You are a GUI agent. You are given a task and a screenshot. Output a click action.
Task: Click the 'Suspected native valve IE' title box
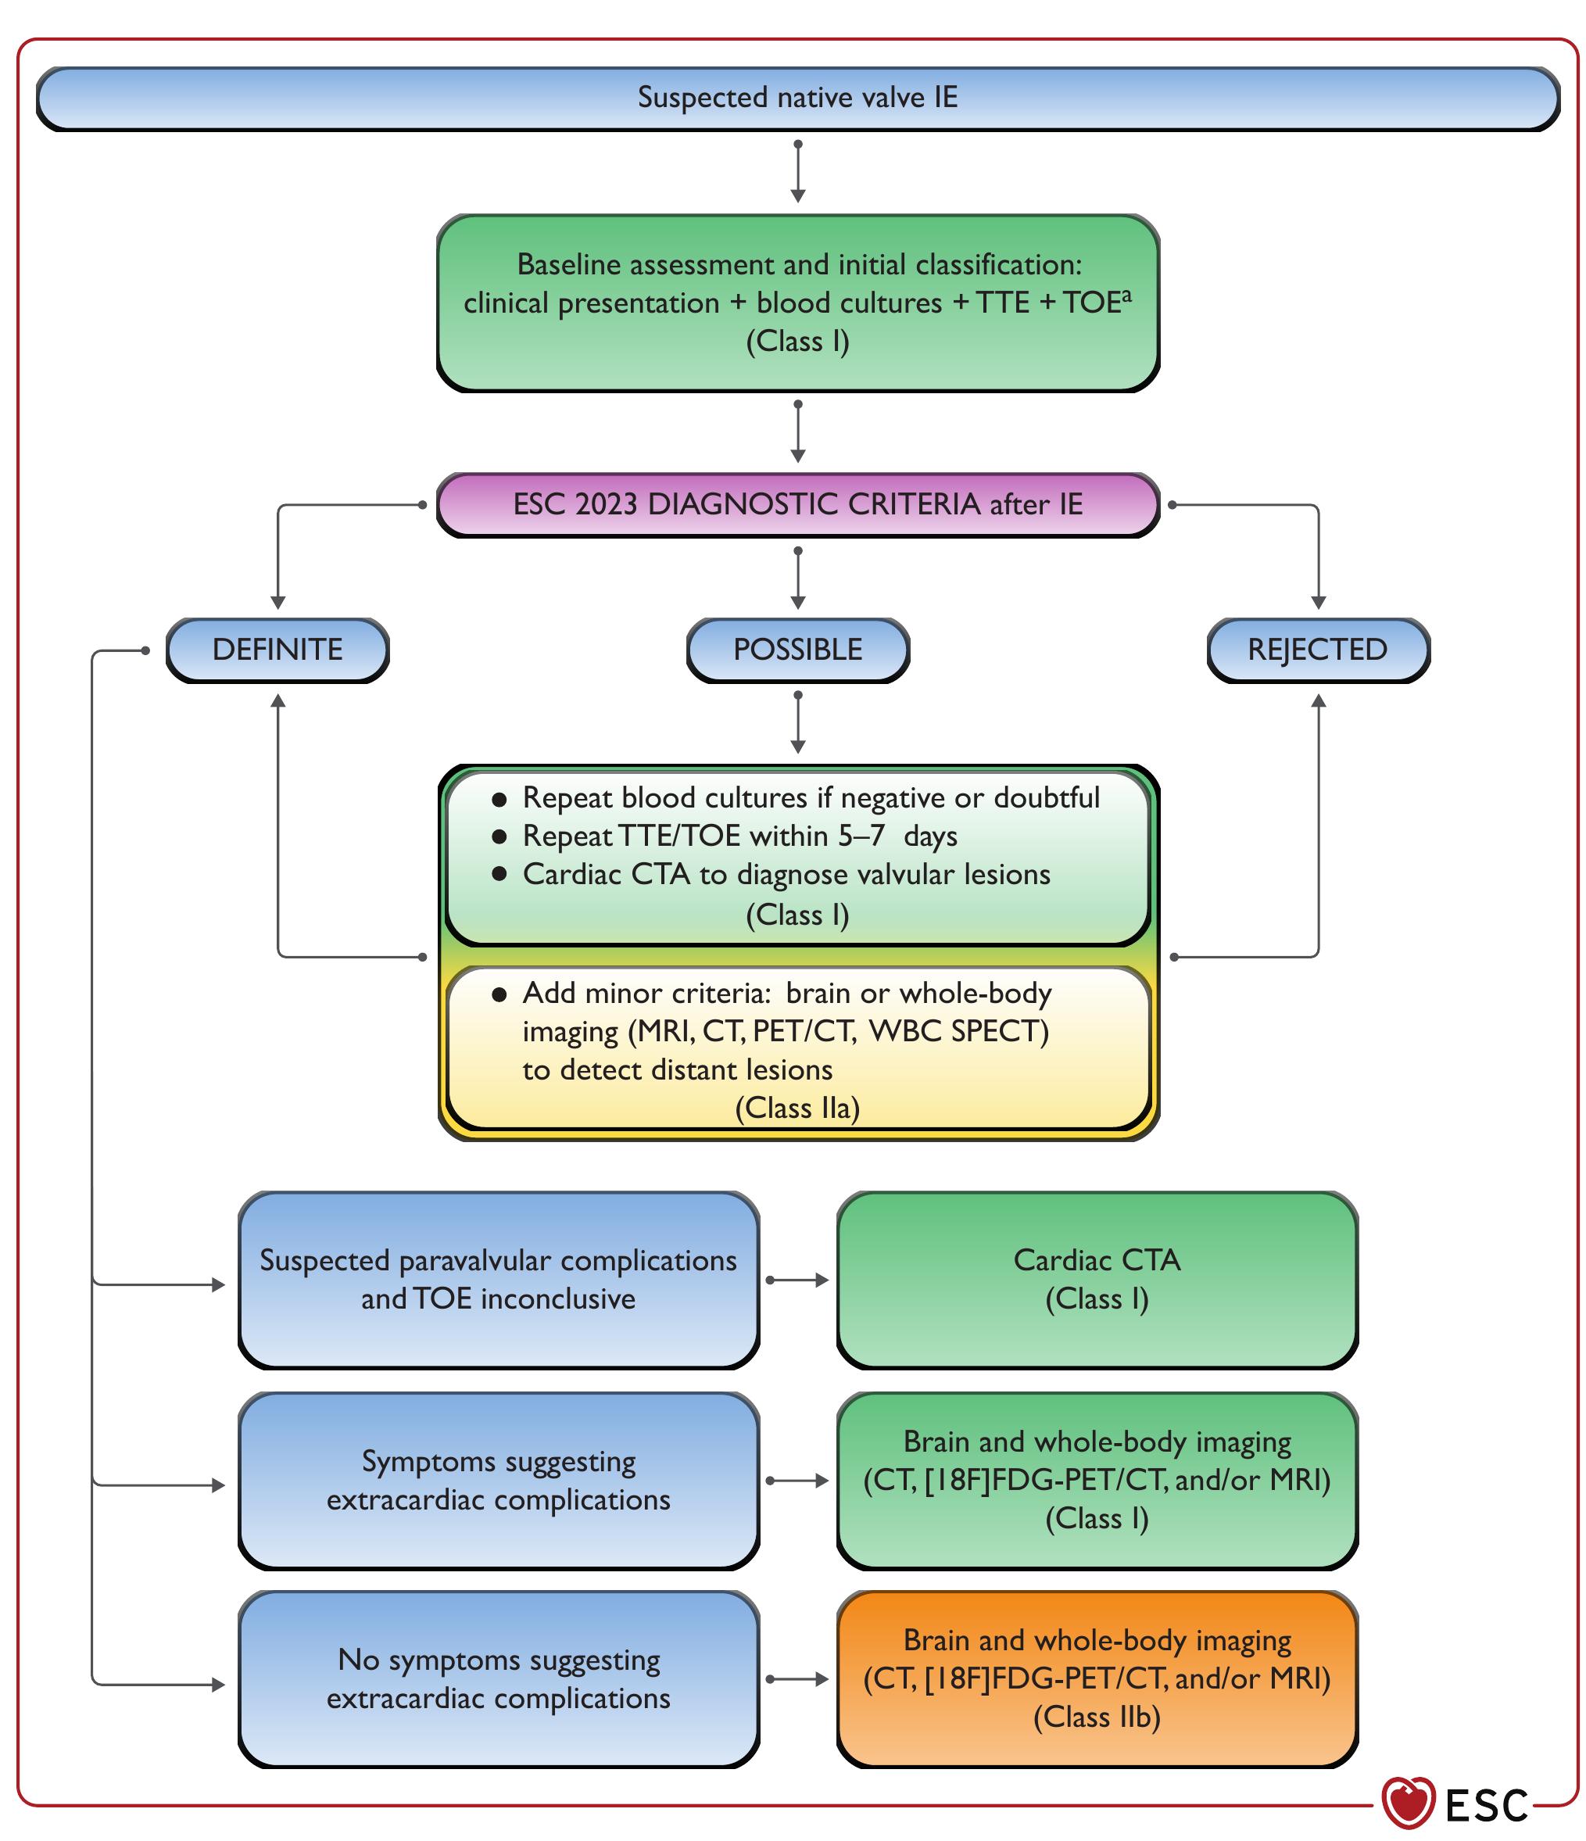click(x=797, y=98)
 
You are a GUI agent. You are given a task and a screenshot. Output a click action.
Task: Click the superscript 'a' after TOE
click(x=1126, y=294)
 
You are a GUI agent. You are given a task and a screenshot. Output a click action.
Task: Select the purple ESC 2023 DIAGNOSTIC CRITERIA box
click(x=797, y=505)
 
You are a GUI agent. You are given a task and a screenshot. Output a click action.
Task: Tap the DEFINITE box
click(x=277, y=650)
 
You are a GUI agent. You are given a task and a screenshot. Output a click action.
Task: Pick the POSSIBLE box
click(x=797, y=650)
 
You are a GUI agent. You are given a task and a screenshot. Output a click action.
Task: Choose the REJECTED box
click(x=1317, y=650)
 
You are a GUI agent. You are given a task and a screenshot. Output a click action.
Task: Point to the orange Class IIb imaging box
click(x=1097, y=1678)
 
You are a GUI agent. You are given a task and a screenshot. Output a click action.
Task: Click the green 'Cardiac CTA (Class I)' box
click(x=1097, y=1280)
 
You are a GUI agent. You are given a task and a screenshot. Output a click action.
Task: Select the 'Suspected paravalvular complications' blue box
click(x=498, y=1280)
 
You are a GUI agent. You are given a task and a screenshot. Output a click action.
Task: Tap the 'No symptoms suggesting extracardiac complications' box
click(x=498, y=1678)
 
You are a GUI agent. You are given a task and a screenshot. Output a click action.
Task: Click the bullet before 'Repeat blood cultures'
click(x=499, y=799)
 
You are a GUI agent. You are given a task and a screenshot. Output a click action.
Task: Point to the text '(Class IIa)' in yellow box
click(x=797, y=1108)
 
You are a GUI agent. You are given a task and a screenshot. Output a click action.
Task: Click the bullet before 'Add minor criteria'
click(x=499, y=994)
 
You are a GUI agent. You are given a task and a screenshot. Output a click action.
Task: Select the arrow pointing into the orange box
click(x=797, y=1678)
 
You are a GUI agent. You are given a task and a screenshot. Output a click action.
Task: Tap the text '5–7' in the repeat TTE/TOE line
click(x=861, y=836)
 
